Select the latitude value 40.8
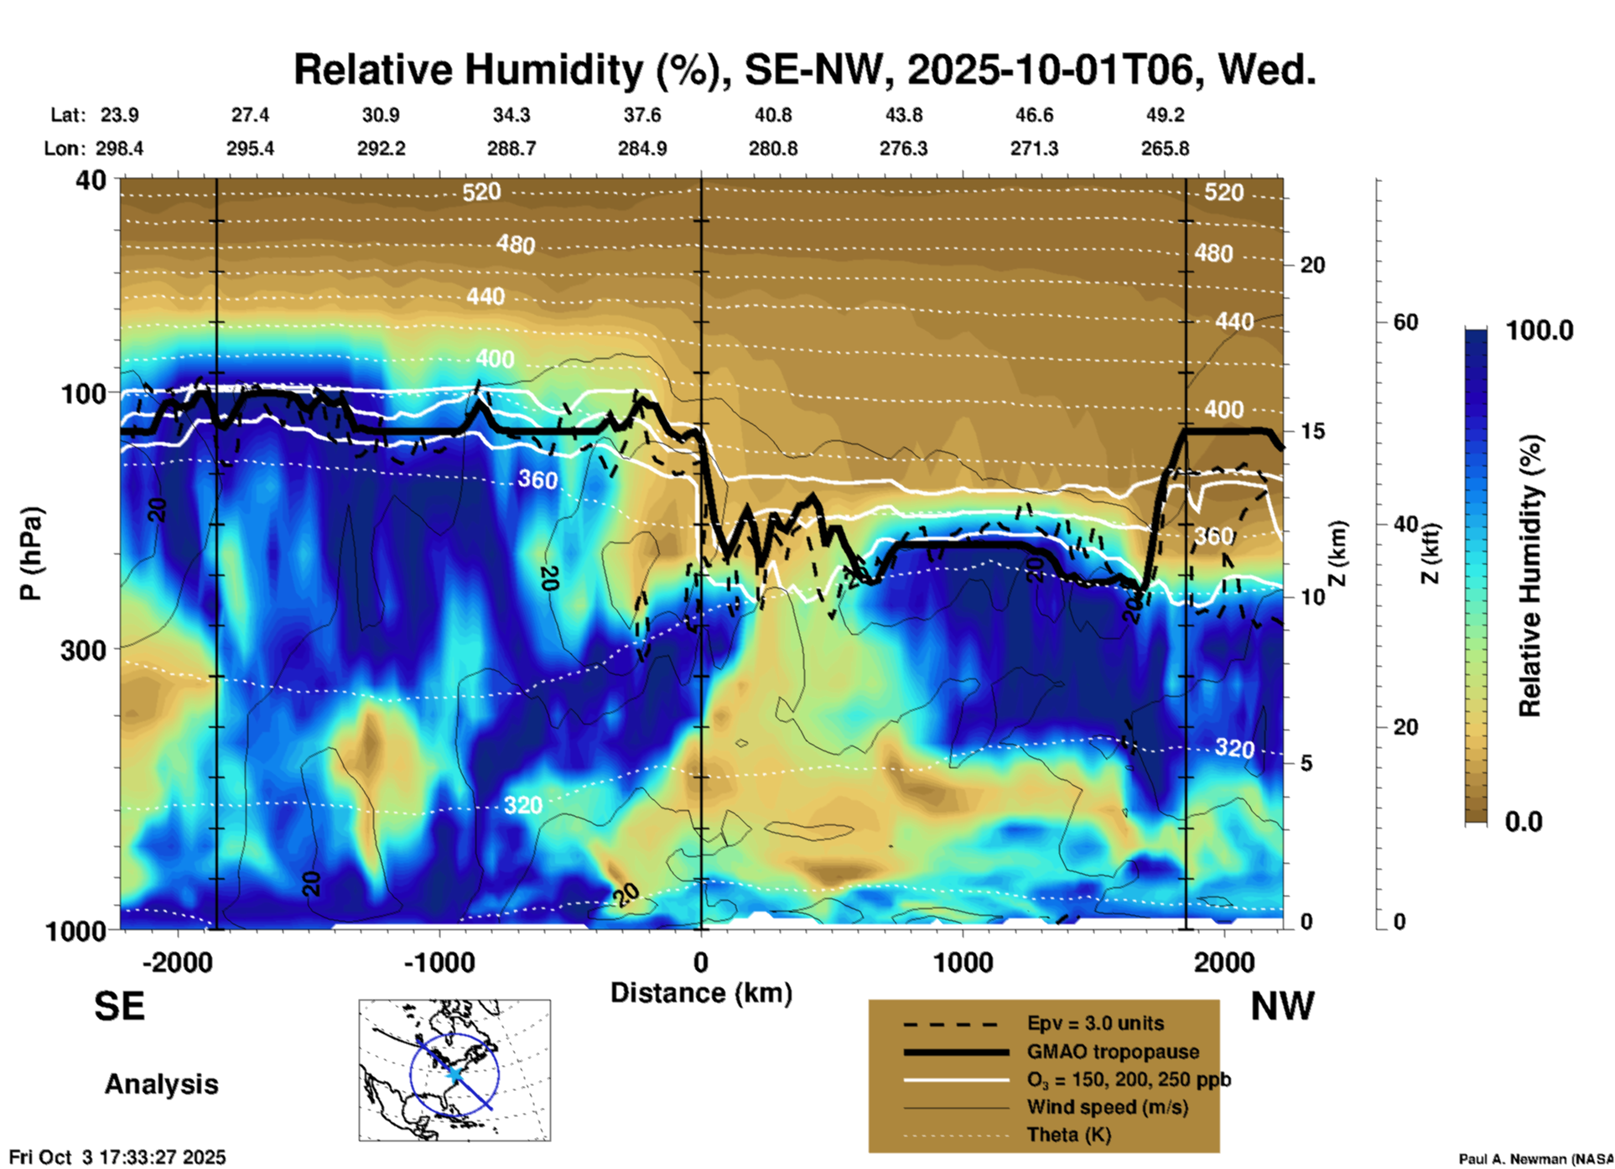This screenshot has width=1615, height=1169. coord(772,115)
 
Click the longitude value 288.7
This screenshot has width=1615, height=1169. coord(511,148)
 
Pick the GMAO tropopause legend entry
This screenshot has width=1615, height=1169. coord(1112,1052)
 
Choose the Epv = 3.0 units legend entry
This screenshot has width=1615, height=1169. coord(1094,1024)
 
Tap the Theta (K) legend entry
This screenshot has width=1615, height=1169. coord(1068,1135)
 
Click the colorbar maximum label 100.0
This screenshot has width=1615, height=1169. coord(1540,330)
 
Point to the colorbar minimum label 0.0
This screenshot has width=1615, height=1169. coord(1524,821)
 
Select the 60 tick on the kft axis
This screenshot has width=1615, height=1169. coord(1405,322)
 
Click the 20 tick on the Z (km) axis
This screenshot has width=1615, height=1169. coord(1312,266)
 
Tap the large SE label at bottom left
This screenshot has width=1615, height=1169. coord(119,1006)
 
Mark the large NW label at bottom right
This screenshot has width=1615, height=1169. coord(1282,1006)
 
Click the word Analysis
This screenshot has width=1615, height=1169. coord(161,1084)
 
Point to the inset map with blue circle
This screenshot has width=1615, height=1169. coord(454,1070)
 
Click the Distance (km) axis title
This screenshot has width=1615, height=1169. coord(701,993)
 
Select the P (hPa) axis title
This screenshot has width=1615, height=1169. coord(30,553)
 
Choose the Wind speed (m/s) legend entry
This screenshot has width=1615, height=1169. coord(1107,1107)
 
